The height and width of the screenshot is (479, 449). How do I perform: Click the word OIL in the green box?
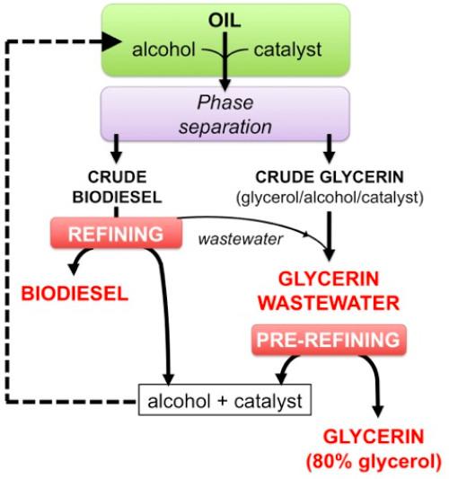point(224,21)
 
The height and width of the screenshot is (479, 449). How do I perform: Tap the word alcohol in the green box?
point(163,49)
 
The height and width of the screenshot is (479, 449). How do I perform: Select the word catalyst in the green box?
point(287,50)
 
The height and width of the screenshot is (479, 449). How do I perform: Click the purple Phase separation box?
point(225,114)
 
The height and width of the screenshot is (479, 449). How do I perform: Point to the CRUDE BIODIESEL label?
point(117,187)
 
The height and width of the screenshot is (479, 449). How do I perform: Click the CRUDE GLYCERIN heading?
point(330,177)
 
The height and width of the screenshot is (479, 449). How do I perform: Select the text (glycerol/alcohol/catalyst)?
point(330,198)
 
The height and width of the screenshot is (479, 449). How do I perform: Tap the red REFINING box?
point(117,233)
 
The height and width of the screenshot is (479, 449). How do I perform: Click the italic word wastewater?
point(241,239)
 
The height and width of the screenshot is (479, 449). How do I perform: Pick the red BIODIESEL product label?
point(75,294)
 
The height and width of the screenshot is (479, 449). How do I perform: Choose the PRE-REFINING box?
point(329,340)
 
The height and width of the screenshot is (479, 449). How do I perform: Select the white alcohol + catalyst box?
point(225,400)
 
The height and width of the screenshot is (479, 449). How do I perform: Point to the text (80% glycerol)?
point(374,462)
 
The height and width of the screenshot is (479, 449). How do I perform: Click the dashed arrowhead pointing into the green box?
point(111,41)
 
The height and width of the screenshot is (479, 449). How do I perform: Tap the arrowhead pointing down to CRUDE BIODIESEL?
point(116,156)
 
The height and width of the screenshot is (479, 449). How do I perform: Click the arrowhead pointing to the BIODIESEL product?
point(75,268)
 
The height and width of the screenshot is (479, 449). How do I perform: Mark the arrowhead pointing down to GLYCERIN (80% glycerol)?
point(378,412)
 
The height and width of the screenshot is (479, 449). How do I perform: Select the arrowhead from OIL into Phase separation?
point(225,84)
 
